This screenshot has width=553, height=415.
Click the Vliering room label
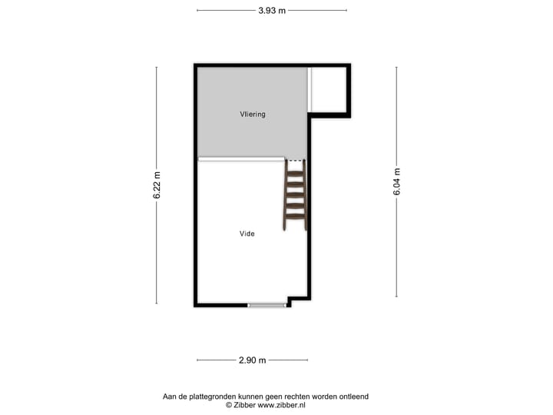(x=251, y=115)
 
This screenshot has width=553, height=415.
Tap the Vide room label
(x=247, y=234)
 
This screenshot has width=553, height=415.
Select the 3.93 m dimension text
(x=272, y=10)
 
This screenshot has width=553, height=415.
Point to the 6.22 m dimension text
(x=157, y=185)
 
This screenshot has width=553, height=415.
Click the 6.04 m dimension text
(x=397, y=181)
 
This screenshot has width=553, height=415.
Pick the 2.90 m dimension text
(x=252, y=360)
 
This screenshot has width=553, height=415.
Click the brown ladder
(x=295, y=196)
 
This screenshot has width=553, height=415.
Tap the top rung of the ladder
(x=295, y=172)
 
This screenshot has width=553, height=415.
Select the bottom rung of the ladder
(x=295, y=216)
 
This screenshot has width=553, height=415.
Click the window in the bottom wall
(x=267, y=305)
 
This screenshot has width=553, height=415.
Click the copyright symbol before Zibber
(x=228, y=404)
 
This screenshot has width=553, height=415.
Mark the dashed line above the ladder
(x=295, y=161)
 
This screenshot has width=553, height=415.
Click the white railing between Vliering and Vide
(x=241, y=159)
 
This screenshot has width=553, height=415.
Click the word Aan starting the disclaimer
(x=171, y=397)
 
